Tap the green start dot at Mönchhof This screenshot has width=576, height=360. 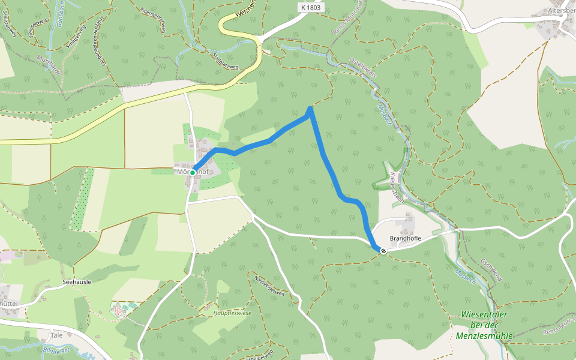(193, 172)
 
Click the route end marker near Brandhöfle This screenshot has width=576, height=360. (383, 251)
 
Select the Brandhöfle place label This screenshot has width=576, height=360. (406, 238)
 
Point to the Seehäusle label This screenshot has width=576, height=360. (76, 281)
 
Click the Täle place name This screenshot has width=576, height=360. (56, 335)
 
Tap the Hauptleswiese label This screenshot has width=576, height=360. (232, 313)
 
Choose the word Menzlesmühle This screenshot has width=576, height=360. (484, 336)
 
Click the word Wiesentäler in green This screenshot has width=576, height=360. (485, 314)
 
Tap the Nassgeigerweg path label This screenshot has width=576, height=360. (269, 286)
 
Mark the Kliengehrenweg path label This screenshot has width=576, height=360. (152, 23)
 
